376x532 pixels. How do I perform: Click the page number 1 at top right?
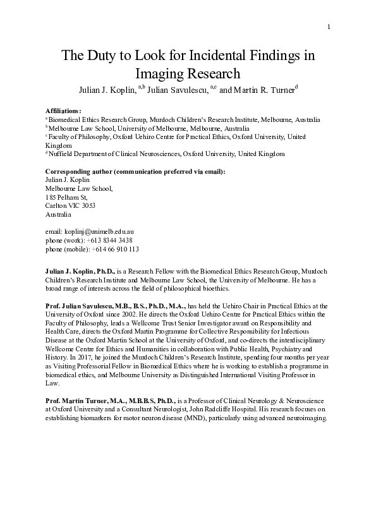pos(329,26)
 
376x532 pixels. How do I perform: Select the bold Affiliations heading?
pos(64,110)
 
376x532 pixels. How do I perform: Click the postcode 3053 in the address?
pos(87,205)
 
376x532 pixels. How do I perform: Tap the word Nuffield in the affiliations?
pos(61,154)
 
